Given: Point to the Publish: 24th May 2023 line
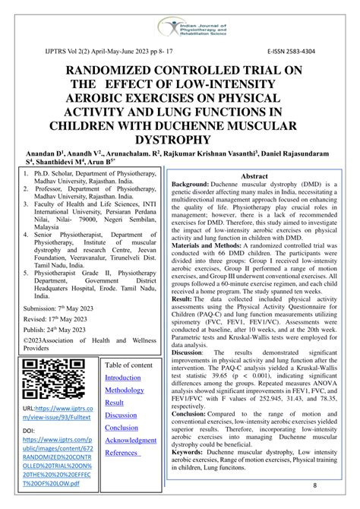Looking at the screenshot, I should pyautogui.click(x=54, y=330).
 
